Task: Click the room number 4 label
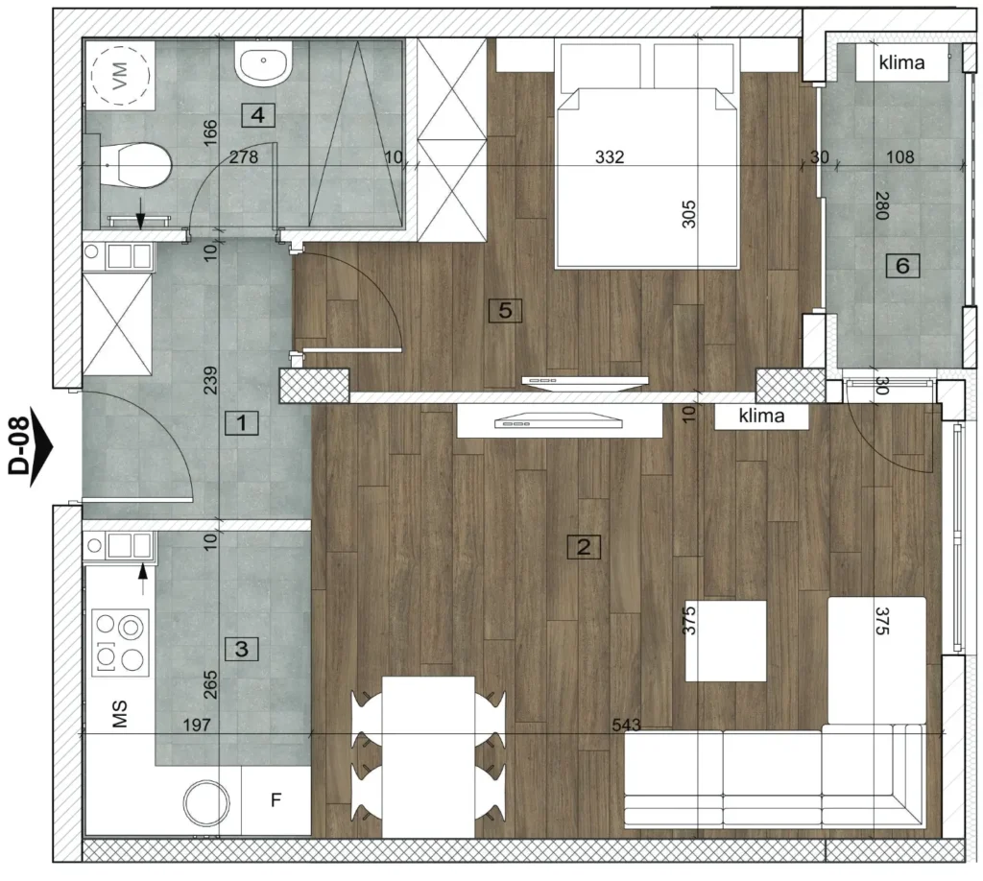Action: (x=257, y=115)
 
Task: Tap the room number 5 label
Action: (x=505, y=310)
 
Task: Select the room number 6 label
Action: (x=902, y=266)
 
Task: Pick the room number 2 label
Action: (x=584, y=547)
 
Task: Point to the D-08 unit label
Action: (x=20, y=447)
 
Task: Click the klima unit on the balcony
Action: (x=902, y=62)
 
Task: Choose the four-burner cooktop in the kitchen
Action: (x=120, y=642)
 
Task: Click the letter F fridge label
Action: (x=276, y=800)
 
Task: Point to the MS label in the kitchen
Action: (x=119, y=714)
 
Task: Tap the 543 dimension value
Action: (x=626, y=725)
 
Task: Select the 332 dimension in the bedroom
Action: (x=610, y=156)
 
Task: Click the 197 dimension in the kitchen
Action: (x=197, y=725)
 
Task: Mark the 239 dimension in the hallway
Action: (x=210, y=380)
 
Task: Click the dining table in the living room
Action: (x=428, y=757)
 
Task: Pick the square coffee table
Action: (x=726, y=641)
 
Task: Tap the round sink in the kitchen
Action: (x=205, y=802)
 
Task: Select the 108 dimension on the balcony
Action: (x=900, y=156)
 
